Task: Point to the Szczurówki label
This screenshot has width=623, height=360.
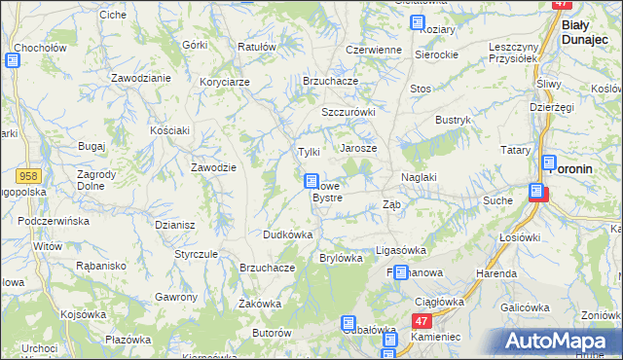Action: click(348, 112)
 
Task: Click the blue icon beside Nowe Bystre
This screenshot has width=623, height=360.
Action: click(311, 181)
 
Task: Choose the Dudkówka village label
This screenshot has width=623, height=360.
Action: click(287, 234)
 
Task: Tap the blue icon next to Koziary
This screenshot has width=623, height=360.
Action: click(418, 22)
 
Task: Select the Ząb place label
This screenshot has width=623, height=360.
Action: click(391, 204)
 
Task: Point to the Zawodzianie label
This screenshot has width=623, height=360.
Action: click(141, 77)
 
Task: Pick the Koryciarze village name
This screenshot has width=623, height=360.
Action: click(225, 82)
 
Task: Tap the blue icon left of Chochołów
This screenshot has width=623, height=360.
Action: click(12, 59)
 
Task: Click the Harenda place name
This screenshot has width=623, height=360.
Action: click(495, 274)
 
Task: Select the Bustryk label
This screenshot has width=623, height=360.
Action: click(454, 120)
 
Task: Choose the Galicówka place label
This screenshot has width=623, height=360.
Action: click(526, 307)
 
